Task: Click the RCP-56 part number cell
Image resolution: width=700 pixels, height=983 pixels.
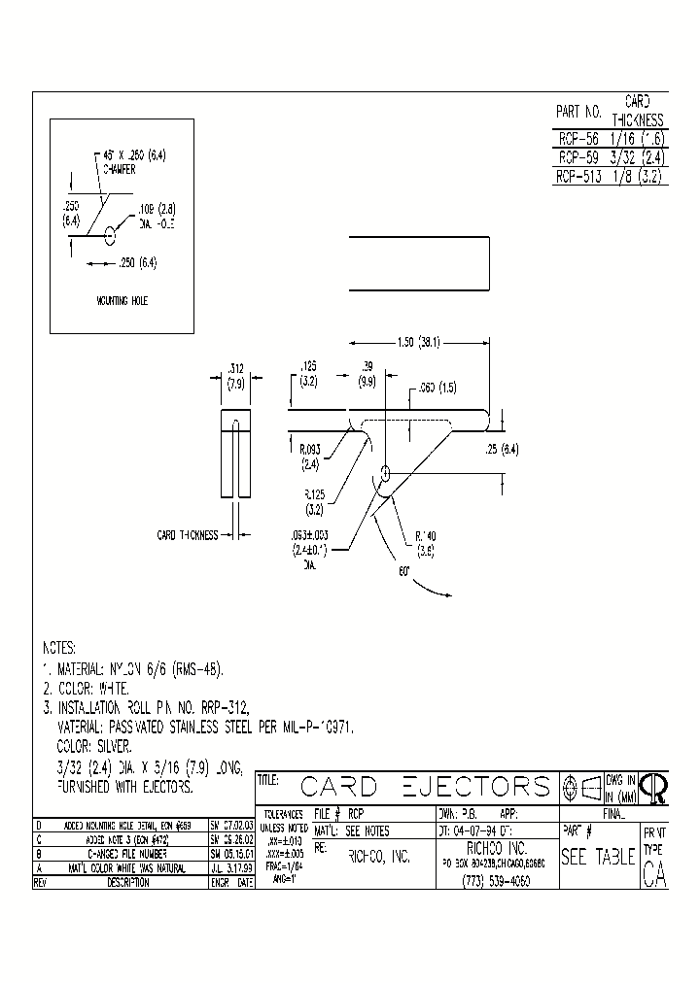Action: pyautogui.click(x=578, y=138)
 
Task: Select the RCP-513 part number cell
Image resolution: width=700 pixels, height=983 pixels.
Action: pyautogui.click(x=579, y=177)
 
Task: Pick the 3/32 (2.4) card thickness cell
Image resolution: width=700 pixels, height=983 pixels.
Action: pyautogui.click(x=638, y=157)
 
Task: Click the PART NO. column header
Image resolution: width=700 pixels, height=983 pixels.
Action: pyautogui.click(x=579, y=112)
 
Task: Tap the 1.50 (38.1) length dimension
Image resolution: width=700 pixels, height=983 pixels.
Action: pyautogui.click(x=418, y=342)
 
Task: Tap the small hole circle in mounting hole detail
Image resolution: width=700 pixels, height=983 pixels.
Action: pyautogui.click(x=110, y=233)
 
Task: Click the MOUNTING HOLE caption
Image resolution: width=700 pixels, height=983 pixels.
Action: pyautogui.click(x=122, y=301)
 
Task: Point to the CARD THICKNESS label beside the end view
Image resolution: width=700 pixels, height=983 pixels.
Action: pyautogui.click(x=187, y=534)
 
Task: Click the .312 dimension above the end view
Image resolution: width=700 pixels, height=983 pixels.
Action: pyautogui.click(x=234, y=369)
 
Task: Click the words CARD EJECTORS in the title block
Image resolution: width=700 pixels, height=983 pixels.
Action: pyautogui.click(x=425, y=786)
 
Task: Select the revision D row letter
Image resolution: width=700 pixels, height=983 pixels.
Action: pyautogui.click(x=38, y=824)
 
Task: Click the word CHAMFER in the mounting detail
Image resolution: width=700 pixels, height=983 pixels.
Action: pyautogui.click(x=116, y=168)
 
